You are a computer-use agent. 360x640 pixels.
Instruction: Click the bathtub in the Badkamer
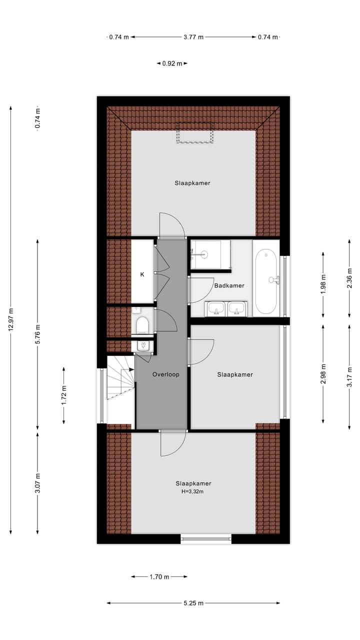(266, 277)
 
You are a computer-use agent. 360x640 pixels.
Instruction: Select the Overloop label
(165, 374)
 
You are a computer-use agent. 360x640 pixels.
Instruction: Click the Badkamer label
(229, 286)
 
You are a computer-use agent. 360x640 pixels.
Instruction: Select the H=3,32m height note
(193, 492)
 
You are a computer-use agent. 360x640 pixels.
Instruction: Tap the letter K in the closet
(142, 274)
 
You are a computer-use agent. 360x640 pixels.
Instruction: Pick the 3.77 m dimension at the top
(193, 37)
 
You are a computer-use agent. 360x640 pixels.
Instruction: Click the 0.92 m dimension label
(172, 63)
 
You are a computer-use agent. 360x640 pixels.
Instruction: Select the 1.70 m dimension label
(159, 577)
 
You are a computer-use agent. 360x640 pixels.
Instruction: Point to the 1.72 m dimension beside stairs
(64, 395)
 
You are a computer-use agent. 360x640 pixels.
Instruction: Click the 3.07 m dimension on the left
(37, 483)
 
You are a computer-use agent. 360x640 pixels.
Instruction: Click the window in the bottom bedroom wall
(206, 538)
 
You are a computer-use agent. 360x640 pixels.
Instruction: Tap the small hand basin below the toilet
(143, 345)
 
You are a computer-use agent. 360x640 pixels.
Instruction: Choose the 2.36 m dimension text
(349, 278)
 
